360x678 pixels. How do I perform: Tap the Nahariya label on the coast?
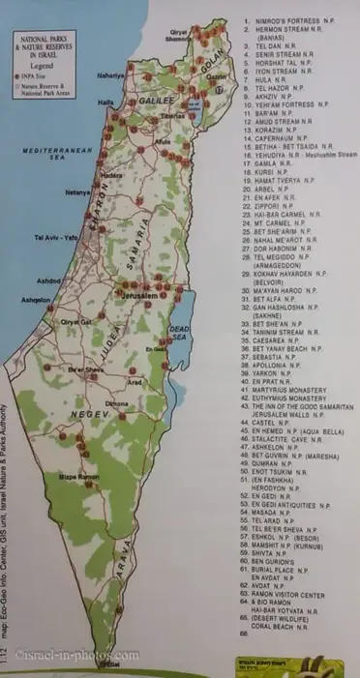tap(110, 74)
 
